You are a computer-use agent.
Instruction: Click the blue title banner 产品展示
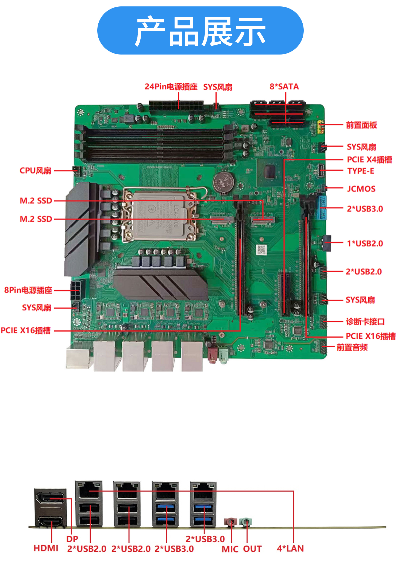(x=200, y=30)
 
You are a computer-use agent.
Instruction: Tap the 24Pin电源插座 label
(x=171, y=87)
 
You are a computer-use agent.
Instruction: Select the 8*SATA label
(x=284, y=87)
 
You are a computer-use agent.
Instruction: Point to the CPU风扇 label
(x=36, y=171)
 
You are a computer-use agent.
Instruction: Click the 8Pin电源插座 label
(x=28, y=290)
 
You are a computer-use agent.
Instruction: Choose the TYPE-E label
(x=361, y=171)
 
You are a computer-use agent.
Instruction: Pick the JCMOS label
(x=361, y=189)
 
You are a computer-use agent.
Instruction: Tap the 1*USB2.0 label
(x=365, y=244)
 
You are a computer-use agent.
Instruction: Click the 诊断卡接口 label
(x=365, y=322)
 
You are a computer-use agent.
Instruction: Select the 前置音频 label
(x=352, y=347)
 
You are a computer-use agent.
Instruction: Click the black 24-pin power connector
(x=176, y=107)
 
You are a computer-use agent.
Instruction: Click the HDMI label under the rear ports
(x=46, y=548)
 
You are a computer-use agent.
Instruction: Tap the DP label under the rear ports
(x=72, y=539)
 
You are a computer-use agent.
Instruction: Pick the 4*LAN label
(x=290, y=548)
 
